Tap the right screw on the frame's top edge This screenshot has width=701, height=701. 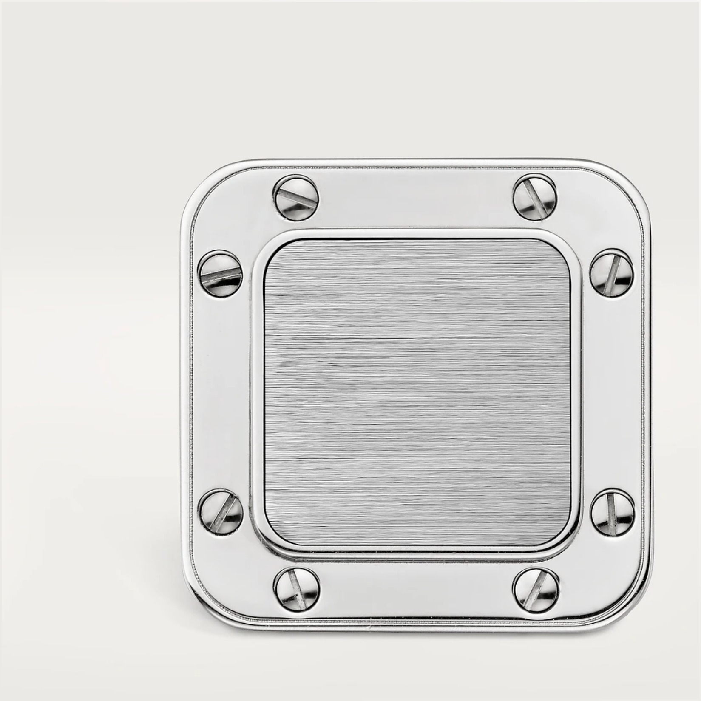534,196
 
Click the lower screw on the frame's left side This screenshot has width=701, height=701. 221,511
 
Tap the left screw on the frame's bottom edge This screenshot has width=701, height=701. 296,588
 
